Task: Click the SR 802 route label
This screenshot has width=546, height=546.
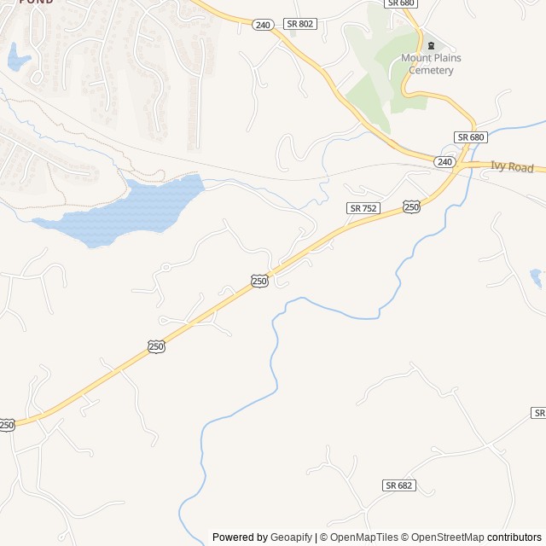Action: pos(300,24)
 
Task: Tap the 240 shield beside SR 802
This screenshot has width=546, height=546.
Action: pos(262,25)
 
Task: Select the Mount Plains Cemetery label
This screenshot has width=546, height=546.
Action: pos(432,64)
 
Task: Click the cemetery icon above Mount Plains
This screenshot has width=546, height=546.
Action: pos(431,45)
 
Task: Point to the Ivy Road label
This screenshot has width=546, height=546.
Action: pos(512,167)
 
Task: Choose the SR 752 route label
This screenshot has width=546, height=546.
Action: pos(363,208)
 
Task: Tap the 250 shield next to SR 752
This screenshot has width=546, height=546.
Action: pos(411,207)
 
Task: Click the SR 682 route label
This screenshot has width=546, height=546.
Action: pos(398,485)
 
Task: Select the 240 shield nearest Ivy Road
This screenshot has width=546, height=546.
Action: pos(444,161)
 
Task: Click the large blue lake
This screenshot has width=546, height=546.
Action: pos(128,209)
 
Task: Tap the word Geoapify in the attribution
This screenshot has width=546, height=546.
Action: pos(291,537)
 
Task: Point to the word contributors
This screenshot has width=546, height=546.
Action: pos(515,537)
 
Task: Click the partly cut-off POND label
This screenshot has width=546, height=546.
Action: pos(34,3)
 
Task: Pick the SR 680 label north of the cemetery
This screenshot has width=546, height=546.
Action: pos(400,3)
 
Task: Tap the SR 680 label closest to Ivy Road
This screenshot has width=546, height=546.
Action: pos(470,136)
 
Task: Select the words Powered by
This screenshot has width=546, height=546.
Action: pos(240,537)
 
